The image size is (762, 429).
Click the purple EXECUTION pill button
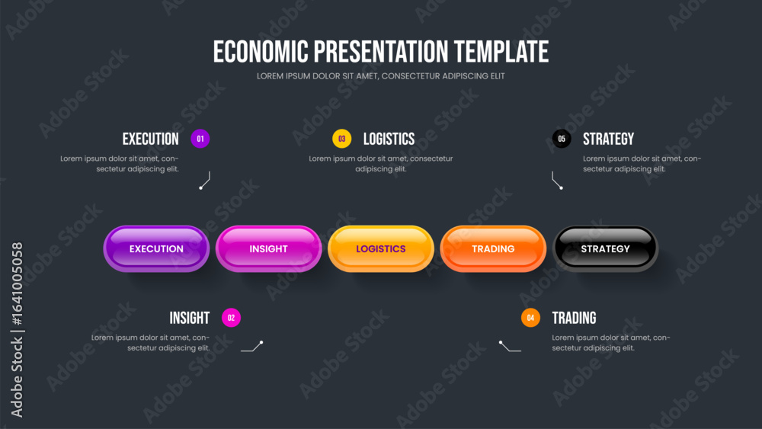tap(156, 248)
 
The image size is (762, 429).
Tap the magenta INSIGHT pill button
tap(269, 248)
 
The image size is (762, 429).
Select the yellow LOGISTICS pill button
tap(381, 248)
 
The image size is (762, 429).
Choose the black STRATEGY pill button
tap(606, 248)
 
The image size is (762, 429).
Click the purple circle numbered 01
tap(200, 139)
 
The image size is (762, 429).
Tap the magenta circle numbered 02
tap(232, 318)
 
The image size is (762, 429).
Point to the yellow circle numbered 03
tap(341, 139)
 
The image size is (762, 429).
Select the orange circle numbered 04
tap(530, 318)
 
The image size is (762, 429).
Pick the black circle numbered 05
tap(562, 139)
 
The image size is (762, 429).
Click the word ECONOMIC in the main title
tap(261, 52)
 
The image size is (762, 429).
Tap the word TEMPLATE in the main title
tap(501, 52)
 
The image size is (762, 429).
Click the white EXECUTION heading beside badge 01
tap(151, 139)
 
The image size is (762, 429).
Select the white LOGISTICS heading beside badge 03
tap(389, 139)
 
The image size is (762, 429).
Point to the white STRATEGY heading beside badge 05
tap(608, 139)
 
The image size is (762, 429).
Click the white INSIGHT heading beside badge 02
tap(190, 318)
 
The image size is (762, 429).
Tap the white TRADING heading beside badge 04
tap(574, 318)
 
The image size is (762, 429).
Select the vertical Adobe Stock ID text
tap(17, 330)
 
